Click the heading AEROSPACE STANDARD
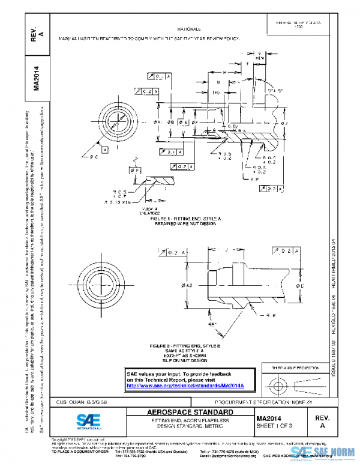(191, 413)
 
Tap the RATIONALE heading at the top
(189, 29)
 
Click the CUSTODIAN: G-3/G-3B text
(82, 402)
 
